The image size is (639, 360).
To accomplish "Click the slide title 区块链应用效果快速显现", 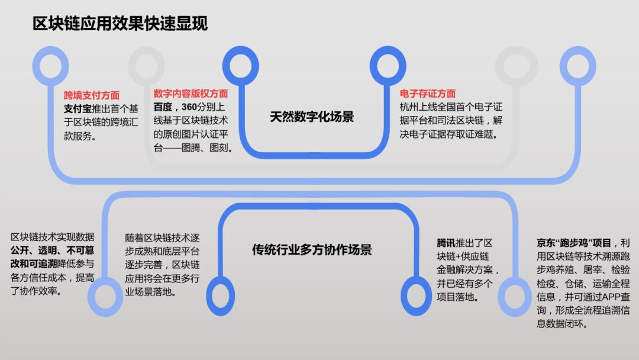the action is (120, 24).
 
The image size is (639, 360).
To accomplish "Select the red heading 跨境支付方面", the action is (92, 95).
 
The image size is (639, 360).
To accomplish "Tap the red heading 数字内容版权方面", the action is (191, 94).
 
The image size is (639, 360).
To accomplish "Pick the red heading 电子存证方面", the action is (428, 94).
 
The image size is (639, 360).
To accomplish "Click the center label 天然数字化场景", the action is (312, 117).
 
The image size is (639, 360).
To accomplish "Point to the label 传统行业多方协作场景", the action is (312, 249).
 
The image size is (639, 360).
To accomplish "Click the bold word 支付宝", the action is (78, 109).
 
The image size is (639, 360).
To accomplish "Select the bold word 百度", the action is (163, 107).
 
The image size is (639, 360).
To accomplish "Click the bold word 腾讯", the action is (446, 243).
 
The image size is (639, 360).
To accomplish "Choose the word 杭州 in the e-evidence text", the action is (409, 107).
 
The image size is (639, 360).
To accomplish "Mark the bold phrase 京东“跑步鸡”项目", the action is (574, 243).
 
